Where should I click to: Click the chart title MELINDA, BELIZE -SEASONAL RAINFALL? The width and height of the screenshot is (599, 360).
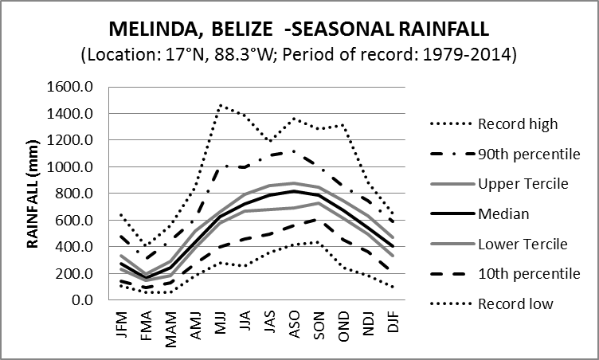pos(299,30)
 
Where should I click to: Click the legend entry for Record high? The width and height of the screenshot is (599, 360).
pos(517,124)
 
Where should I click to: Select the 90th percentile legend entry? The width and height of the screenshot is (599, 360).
pos(528,154)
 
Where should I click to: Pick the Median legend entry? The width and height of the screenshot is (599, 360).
pos(502,213)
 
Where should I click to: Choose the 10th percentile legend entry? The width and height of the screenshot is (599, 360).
pos(528,273)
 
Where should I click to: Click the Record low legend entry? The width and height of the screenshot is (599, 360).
pos(515,303)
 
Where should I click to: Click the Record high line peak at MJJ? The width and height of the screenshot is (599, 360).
pos(221,105)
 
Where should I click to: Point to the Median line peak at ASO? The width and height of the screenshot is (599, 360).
pos(295,191)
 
